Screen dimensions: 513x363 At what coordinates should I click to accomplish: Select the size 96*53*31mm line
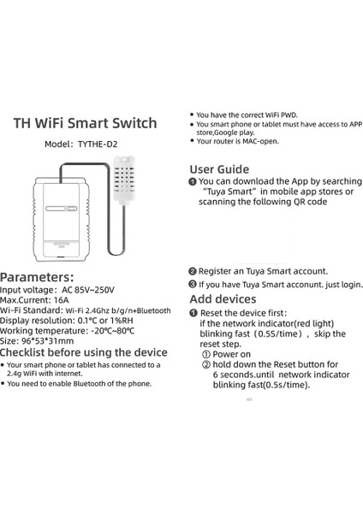point(37,341)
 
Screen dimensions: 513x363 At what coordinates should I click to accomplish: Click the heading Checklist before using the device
point(84,352)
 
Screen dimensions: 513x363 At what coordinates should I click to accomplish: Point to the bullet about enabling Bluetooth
point(79,384)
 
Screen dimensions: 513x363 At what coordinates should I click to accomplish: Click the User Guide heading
point(219,168)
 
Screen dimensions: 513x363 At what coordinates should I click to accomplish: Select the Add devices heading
point(222,299)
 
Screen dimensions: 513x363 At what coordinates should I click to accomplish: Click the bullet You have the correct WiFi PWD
point(248,115)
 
